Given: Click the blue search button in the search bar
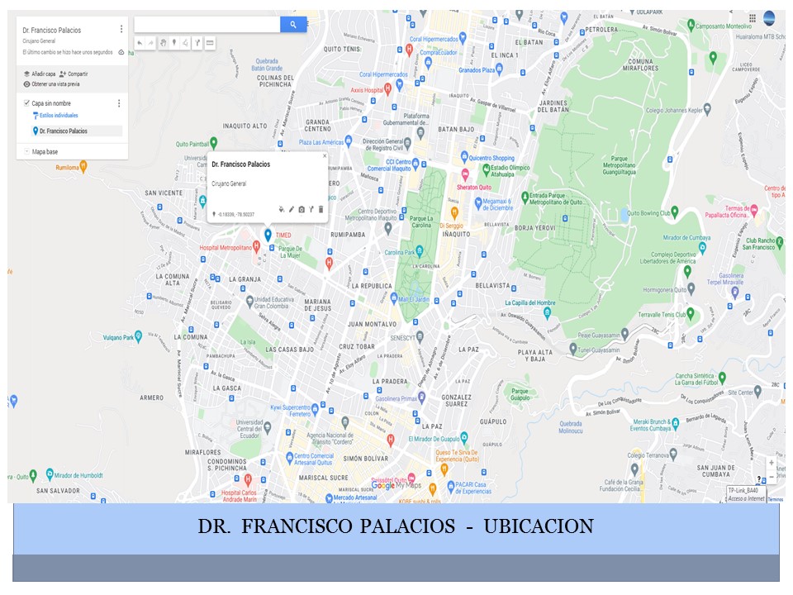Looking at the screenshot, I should coord(293,25).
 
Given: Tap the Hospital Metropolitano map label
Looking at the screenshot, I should coord(225,247).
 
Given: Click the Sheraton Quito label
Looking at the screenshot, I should coord(479,187).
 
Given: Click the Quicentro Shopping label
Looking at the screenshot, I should coord(491,158).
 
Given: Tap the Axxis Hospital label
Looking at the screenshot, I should coord(367,89).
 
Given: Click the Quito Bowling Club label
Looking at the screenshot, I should coord(646,212).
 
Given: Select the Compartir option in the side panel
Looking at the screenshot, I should coord(78,74).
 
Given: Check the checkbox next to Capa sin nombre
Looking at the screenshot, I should coord(26,103).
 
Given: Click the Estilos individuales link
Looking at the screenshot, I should coord(59,116).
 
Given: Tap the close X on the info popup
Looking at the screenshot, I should coord(324,155).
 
